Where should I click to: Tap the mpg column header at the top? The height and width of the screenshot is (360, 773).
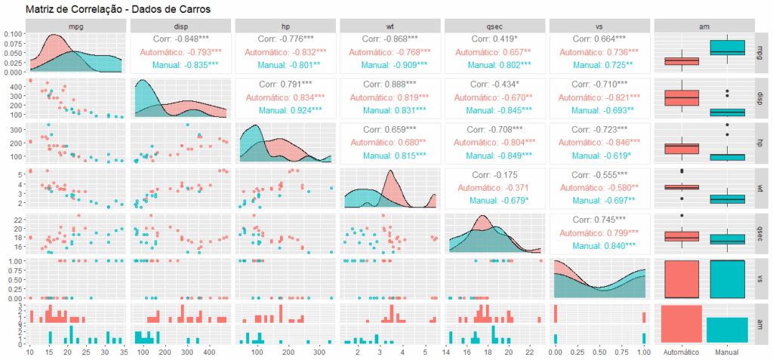[x=77, y=25]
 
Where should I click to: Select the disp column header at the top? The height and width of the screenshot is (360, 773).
[x=181, y=25]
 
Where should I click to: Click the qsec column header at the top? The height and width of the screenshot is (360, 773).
[x=495, y=25]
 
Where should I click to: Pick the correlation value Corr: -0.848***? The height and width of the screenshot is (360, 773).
[x=181, y=38]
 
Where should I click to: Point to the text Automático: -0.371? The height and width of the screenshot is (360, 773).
[x=495, y=187]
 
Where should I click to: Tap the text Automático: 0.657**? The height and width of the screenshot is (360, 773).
[x=495, y=52]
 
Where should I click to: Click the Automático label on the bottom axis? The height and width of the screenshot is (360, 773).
[x=682, y=352]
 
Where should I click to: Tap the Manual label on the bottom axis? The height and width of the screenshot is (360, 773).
[x=728, y=352]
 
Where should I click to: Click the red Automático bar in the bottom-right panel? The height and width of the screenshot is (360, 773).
[x=682, y=324]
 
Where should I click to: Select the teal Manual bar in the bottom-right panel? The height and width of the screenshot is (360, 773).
[x=728, y=330]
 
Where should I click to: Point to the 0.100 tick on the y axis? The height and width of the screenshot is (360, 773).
[x=12, y=35]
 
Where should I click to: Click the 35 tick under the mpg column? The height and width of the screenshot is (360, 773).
[x=124, y=352]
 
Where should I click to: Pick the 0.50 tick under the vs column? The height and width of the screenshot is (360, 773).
[x=599, y=352]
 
